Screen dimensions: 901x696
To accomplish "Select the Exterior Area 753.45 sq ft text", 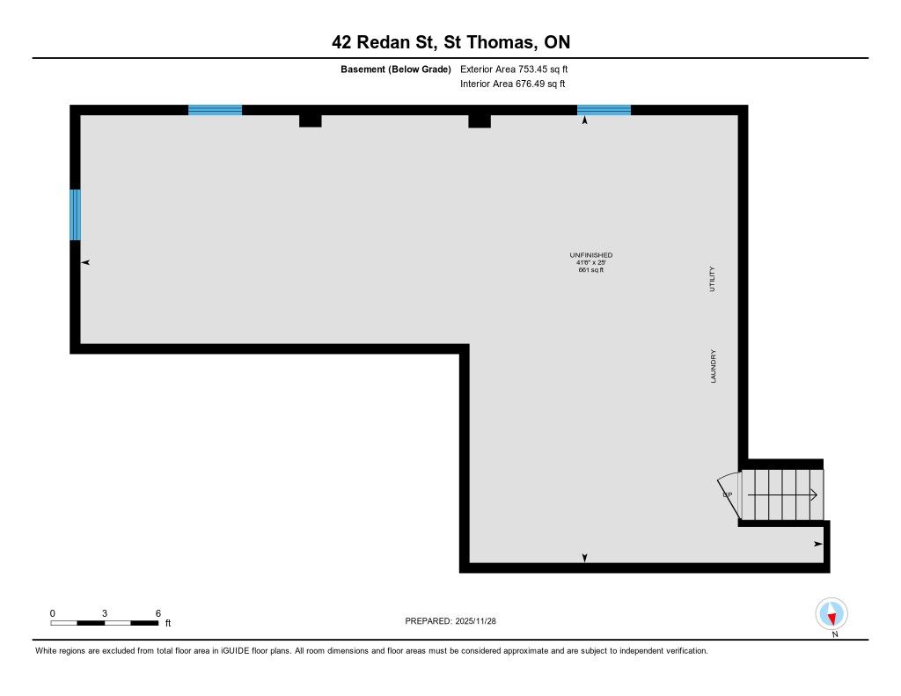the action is click(x=514, y=69).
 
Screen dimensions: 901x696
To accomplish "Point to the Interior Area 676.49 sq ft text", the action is click(x=513, y=84).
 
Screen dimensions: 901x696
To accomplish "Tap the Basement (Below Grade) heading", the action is click(x=395, y=70).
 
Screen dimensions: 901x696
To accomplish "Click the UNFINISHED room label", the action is click(x=590, y=255).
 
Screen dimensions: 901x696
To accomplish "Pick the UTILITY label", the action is click(x=712, y=279).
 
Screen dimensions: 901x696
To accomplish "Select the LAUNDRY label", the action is click(x=713, y=366).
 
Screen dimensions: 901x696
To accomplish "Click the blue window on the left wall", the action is click(x=76, y=215).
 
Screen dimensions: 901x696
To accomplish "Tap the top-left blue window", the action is click(x=215, y=110).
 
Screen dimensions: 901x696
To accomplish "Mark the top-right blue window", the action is click(x=604, y=110).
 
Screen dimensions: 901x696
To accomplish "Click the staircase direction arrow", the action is click(x=782, y=495).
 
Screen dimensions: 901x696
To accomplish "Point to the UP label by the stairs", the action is click(x=728, y=495).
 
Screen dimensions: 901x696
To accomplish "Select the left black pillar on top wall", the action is click(x=311, y=121).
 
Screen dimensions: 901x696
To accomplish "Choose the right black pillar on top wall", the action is click(x=480, y=121).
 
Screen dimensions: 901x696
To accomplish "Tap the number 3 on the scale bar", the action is click(x=105, y=613).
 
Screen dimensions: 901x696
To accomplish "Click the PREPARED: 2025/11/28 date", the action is click(x=450, y=621).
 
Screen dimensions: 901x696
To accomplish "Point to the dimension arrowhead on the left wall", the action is click(x=85, y=263).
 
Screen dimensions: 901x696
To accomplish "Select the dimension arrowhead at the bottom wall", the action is click(x=584, y=558).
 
